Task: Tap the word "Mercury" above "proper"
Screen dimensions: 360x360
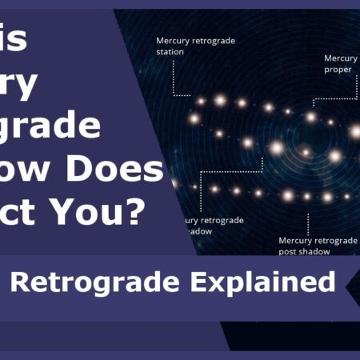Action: [341, 58]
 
